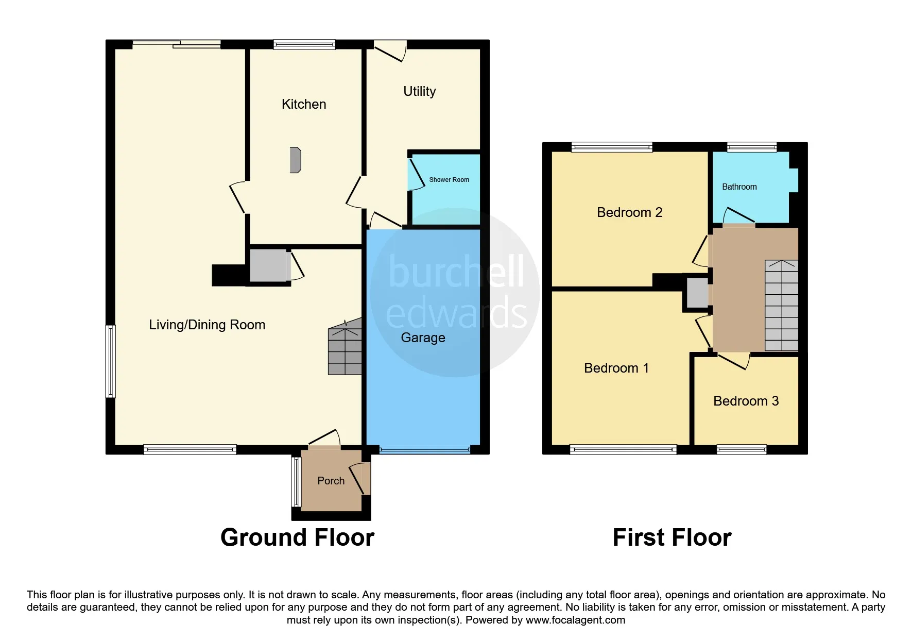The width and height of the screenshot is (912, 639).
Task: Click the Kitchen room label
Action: (304, 104)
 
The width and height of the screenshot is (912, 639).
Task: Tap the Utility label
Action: (419, 91)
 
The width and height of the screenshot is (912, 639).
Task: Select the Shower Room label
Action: (449, 180)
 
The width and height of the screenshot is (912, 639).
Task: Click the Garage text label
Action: (423, 338)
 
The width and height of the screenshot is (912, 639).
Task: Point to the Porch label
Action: (331, 481)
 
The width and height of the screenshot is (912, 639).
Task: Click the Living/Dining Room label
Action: (207, 325)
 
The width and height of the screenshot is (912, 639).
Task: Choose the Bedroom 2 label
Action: (629, 212)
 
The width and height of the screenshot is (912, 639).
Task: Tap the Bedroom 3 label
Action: (746, 401)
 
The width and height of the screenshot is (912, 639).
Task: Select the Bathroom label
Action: (739, 187)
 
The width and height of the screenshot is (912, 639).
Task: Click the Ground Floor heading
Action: (297, 537)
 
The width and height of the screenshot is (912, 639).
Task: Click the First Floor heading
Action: (672, 537)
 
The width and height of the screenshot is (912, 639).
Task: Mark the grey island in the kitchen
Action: (295, 160)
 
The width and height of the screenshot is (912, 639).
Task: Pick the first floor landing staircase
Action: (781, 306)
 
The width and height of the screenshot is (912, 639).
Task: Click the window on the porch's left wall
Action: (296, 482)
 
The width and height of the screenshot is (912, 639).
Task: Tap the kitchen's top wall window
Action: (304, 45)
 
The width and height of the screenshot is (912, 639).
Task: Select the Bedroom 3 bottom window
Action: (742, 450)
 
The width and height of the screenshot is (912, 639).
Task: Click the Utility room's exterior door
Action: (390, 51)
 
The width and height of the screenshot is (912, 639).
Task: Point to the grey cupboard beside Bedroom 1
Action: (697, 293)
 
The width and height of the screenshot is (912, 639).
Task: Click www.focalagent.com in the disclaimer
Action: (575, 620)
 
